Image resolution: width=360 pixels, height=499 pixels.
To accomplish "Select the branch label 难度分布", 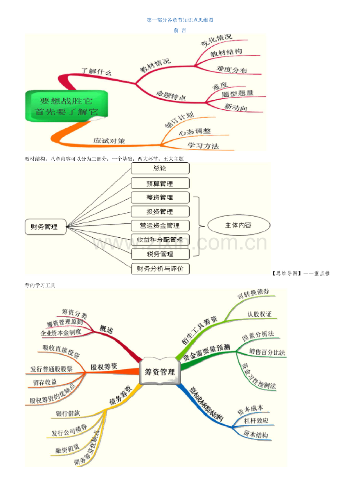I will (232, 70).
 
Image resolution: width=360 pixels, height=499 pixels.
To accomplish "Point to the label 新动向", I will (236, 107).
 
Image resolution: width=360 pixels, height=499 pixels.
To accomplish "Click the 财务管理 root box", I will (45, 227).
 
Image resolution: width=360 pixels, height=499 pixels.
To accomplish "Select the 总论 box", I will (160, 169).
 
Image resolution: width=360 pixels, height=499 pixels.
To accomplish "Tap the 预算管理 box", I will (160, 183).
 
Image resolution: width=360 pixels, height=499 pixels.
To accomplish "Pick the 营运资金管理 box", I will (160, 226).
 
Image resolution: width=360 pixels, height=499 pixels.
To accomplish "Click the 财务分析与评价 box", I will (160, 269).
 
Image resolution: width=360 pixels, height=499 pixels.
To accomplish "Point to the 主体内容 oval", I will (238, 226).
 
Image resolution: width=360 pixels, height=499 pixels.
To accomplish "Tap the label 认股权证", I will (259, 314).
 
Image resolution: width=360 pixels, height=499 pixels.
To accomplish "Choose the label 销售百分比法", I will (267, 352).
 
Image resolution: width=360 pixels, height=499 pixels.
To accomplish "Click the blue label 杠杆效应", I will (256, 421).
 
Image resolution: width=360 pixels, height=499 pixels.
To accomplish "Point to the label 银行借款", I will (68, 413).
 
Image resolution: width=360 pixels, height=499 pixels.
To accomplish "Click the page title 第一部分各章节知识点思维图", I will (180, 20).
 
